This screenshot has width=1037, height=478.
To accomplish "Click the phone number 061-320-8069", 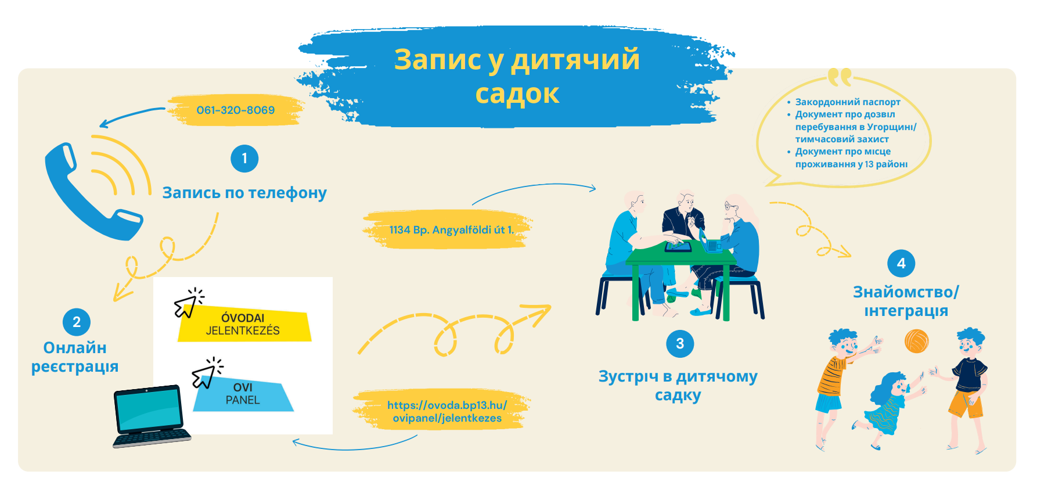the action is [235, 110].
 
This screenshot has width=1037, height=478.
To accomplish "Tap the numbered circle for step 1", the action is [244, 159].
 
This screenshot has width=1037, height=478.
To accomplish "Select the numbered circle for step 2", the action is [77, 322].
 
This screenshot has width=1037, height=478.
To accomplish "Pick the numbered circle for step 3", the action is [680, 344].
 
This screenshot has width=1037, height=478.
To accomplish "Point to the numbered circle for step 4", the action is [901, 264].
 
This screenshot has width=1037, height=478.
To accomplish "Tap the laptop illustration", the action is [151, 416].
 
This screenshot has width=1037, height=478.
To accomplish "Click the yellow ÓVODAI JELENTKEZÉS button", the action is [244, 325].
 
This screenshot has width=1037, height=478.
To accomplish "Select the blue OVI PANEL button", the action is [243, 394].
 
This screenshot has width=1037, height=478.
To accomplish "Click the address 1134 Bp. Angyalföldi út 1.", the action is [451, 230].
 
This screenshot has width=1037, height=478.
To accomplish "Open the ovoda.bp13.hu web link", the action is [447, 411].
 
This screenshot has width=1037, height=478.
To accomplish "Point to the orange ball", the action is [916, 341].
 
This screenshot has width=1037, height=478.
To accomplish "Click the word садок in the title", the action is [517, 94].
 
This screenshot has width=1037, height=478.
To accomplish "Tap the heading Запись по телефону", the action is [244, 193].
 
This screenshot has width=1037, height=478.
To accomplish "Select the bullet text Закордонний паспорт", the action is [848, 102].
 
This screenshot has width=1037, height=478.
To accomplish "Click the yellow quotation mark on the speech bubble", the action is [840, 77].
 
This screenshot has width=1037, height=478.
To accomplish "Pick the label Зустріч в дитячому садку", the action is [678, 386].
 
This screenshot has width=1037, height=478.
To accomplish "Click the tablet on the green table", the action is [678, 246].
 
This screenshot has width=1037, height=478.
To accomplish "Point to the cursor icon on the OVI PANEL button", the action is [207, 373].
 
